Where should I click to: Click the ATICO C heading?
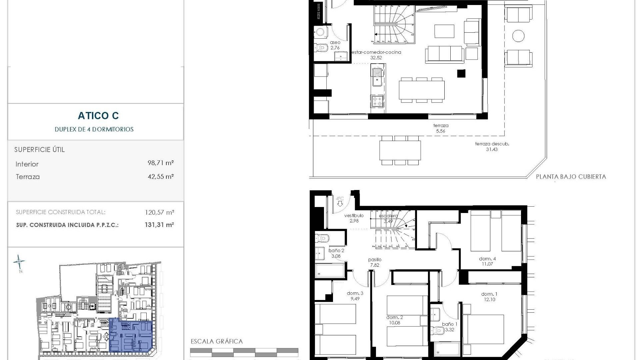(98, 116)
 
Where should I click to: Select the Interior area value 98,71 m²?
(161, 163)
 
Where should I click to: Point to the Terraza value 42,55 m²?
(161, 176)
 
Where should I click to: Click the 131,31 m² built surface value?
(159, 225)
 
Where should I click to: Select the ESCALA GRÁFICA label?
(217, 341)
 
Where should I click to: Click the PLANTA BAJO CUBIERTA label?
(571, 177)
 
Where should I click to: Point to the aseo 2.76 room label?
(335, 45)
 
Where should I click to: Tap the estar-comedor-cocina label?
(376, 52)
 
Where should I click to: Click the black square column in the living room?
(461, 73)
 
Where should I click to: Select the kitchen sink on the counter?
(377, 76)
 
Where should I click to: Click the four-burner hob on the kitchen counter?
(377, 101)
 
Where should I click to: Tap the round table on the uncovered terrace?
(518, 35)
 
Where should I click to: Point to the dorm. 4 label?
(487, 259)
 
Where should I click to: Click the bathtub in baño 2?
(330, 271)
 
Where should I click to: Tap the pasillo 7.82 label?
(375, 262)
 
